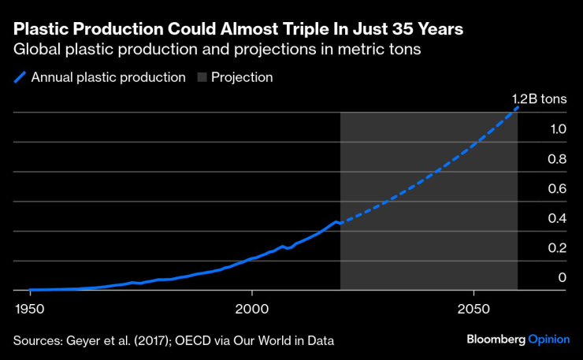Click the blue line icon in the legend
(20, 78)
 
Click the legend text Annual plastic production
(108, 78)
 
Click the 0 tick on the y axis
(563, 277)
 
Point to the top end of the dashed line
(518, 106)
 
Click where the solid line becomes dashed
(340, 224)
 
